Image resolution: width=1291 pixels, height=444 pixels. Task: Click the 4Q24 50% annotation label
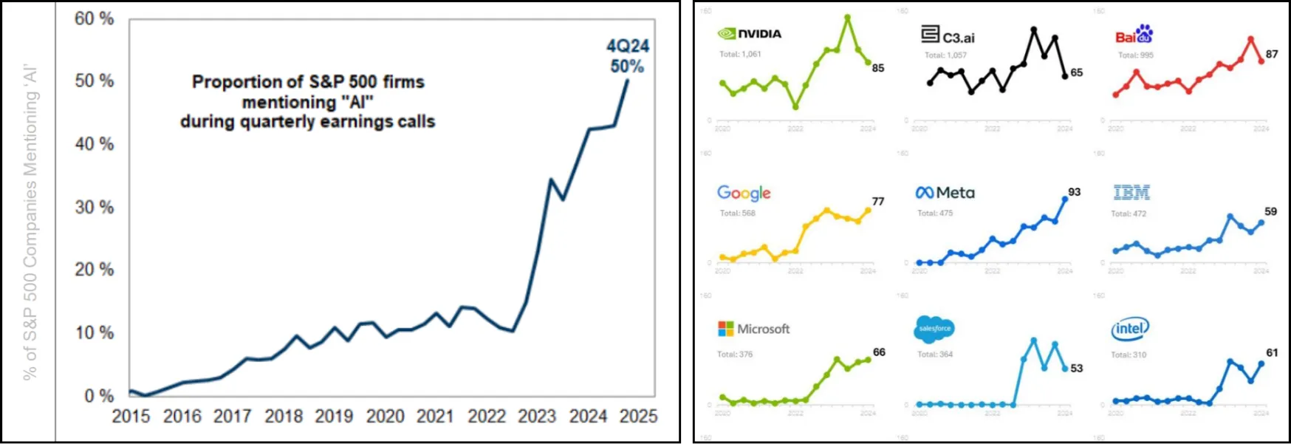(x=628, y=56)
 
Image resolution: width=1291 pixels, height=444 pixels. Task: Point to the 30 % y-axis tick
(x=94, y=208)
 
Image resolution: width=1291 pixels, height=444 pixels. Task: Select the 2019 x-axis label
(x=334, y=417)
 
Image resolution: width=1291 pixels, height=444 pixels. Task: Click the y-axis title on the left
(x=30, y=222)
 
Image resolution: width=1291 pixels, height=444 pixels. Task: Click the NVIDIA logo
(x=749, y=33)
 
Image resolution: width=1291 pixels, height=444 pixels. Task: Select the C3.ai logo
(x=948, y=35)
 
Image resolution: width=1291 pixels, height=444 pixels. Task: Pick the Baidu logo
(x=1134, y=35)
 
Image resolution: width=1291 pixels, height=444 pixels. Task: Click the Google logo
(x=744, y=193)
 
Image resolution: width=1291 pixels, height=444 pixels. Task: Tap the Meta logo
(x=945, y=193)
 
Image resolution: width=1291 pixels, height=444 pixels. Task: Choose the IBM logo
(x=1131, y=193)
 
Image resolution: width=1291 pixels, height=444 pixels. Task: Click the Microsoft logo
(x=753, y=329)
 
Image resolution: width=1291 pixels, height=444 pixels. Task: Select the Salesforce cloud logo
(x=934, y=329)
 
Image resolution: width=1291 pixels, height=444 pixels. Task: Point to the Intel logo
(x=1130, y=329)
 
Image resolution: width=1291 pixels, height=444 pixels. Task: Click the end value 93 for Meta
(x=1074, y=192)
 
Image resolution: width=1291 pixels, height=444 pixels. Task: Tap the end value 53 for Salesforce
(x=1077, y=368)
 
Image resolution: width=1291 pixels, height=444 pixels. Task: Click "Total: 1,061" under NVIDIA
(x=740, y=54)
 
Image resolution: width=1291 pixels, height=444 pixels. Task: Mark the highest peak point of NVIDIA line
(x=848, y=17)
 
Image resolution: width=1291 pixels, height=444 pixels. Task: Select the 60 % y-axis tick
(x=94, y=18)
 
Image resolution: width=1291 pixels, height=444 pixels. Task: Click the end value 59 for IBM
(x=1270, y=211)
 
